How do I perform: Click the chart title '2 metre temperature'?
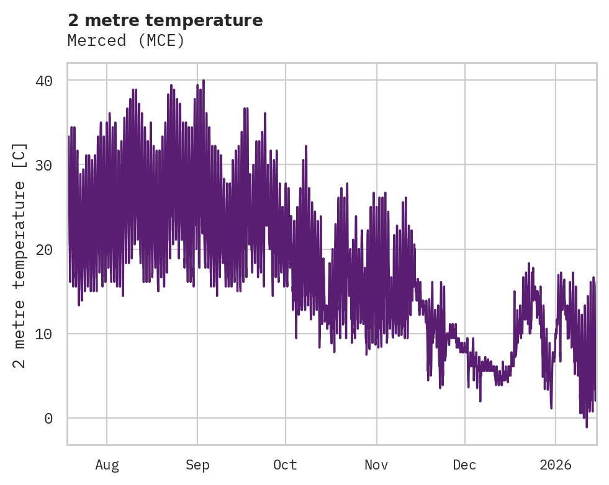pyautogui.click(x=165, y=20)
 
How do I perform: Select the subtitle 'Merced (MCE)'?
pyautogui.click(x=126, y=40)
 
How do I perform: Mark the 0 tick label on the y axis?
pyautogui.click(x=48, y=419)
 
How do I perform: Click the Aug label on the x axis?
pyautogui.click(x=107, y=465)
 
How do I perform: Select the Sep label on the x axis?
pyautogui.click(x=197, y=465)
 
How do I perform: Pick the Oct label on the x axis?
pyautogui.click(x=286, y=465)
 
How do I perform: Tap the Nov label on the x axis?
pyautogui.click(x=376, y=465)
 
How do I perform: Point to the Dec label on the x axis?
pyautogui.click(x=464, y=465)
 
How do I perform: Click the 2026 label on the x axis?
pyautogui.click(x=556, y=465)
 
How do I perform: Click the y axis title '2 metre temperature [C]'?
pyautogui.click(x=20, y=254)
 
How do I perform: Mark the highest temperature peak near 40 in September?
pyautogui.click(x=203, y=81)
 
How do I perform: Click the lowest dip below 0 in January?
pyautogui.click(x=586, y=427)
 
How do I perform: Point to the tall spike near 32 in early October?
pyautogui.click(x=306, y=146)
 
